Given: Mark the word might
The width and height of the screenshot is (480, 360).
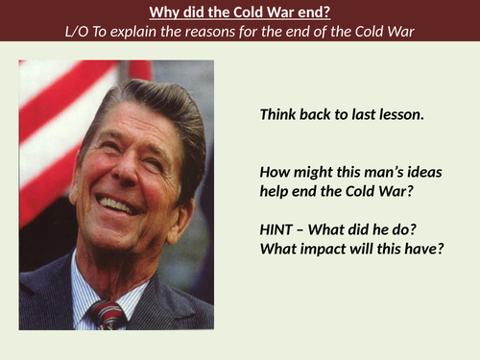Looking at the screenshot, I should pyautogui.click(x=311, y=173).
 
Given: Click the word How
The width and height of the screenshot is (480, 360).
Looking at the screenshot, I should pyautogui.click(x=275, y=173).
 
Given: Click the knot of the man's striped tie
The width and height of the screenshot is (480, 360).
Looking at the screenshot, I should pyautogui.click(x=107, y=312).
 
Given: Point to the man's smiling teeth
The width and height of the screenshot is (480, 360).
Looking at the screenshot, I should pyautogui.click(x=117, y=204).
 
